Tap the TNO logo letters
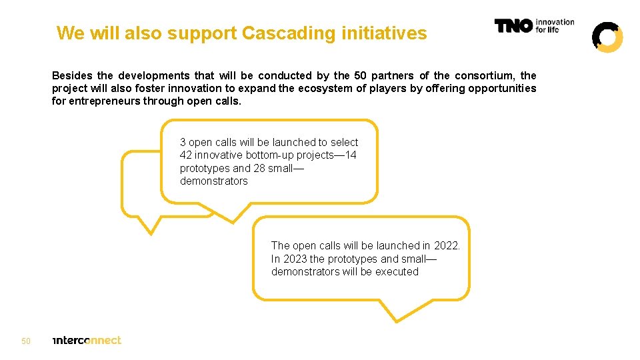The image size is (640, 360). tap(513, 26)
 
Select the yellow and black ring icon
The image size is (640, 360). tap(607, 37)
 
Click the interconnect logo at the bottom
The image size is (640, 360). tap(87, 340)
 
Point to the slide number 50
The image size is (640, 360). tap(26, 341)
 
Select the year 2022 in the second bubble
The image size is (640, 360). tap(447, 245)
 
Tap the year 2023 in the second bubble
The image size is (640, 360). tap(295, 259)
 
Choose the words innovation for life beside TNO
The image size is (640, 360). tap(555, 26)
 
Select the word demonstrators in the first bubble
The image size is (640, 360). tap(213, 181)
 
